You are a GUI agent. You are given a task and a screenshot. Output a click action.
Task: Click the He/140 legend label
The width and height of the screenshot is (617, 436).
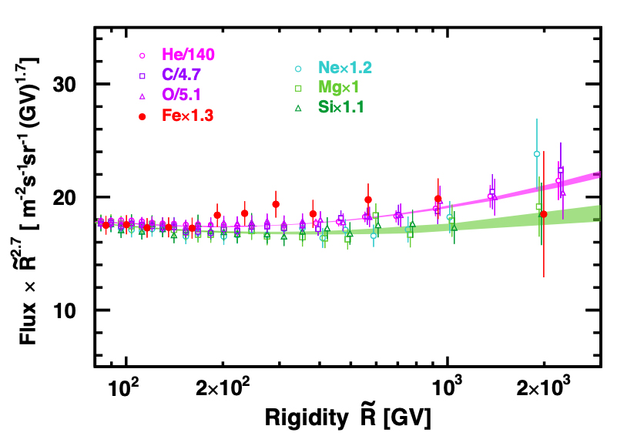188,55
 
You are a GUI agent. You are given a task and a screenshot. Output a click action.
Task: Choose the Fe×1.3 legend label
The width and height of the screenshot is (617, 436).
187,116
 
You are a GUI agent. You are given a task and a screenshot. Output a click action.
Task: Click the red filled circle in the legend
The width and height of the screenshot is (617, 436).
143,116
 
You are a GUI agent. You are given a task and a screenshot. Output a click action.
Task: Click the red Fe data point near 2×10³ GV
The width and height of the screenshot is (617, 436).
544,214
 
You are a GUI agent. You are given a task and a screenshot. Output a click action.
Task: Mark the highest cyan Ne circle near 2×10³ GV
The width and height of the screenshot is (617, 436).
537,154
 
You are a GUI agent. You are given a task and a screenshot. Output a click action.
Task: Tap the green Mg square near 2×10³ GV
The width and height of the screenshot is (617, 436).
539,206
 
